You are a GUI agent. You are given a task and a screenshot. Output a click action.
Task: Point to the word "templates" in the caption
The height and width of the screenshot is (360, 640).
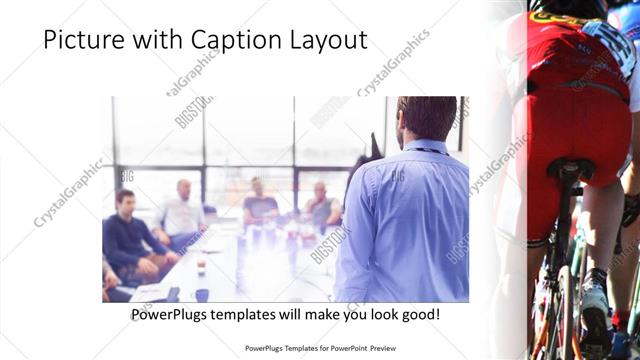tap(262, 315)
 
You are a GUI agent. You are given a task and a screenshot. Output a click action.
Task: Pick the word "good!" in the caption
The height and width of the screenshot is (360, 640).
tap(420, 315)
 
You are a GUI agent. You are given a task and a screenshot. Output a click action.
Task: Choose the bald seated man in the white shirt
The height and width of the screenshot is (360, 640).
tap(182, 212)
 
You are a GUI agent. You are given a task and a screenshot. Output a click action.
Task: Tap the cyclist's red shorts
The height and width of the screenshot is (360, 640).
tap(570, 120)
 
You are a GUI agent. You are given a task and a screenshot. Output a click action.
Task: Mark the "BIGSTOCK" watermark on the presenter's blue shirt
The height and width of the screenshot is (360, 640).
tap(397, 176)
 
